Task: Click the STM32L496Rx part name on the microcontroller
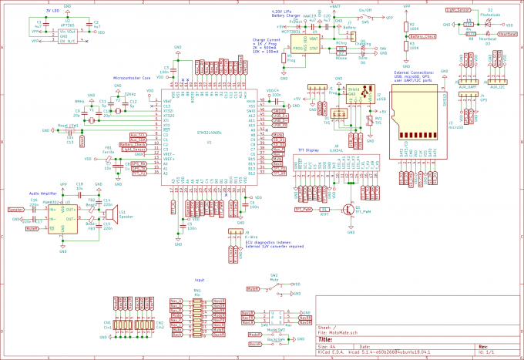point(210,132)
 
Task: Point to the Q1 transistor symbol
point(348,208)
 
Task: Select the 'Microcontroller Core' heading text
point(133,78)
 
